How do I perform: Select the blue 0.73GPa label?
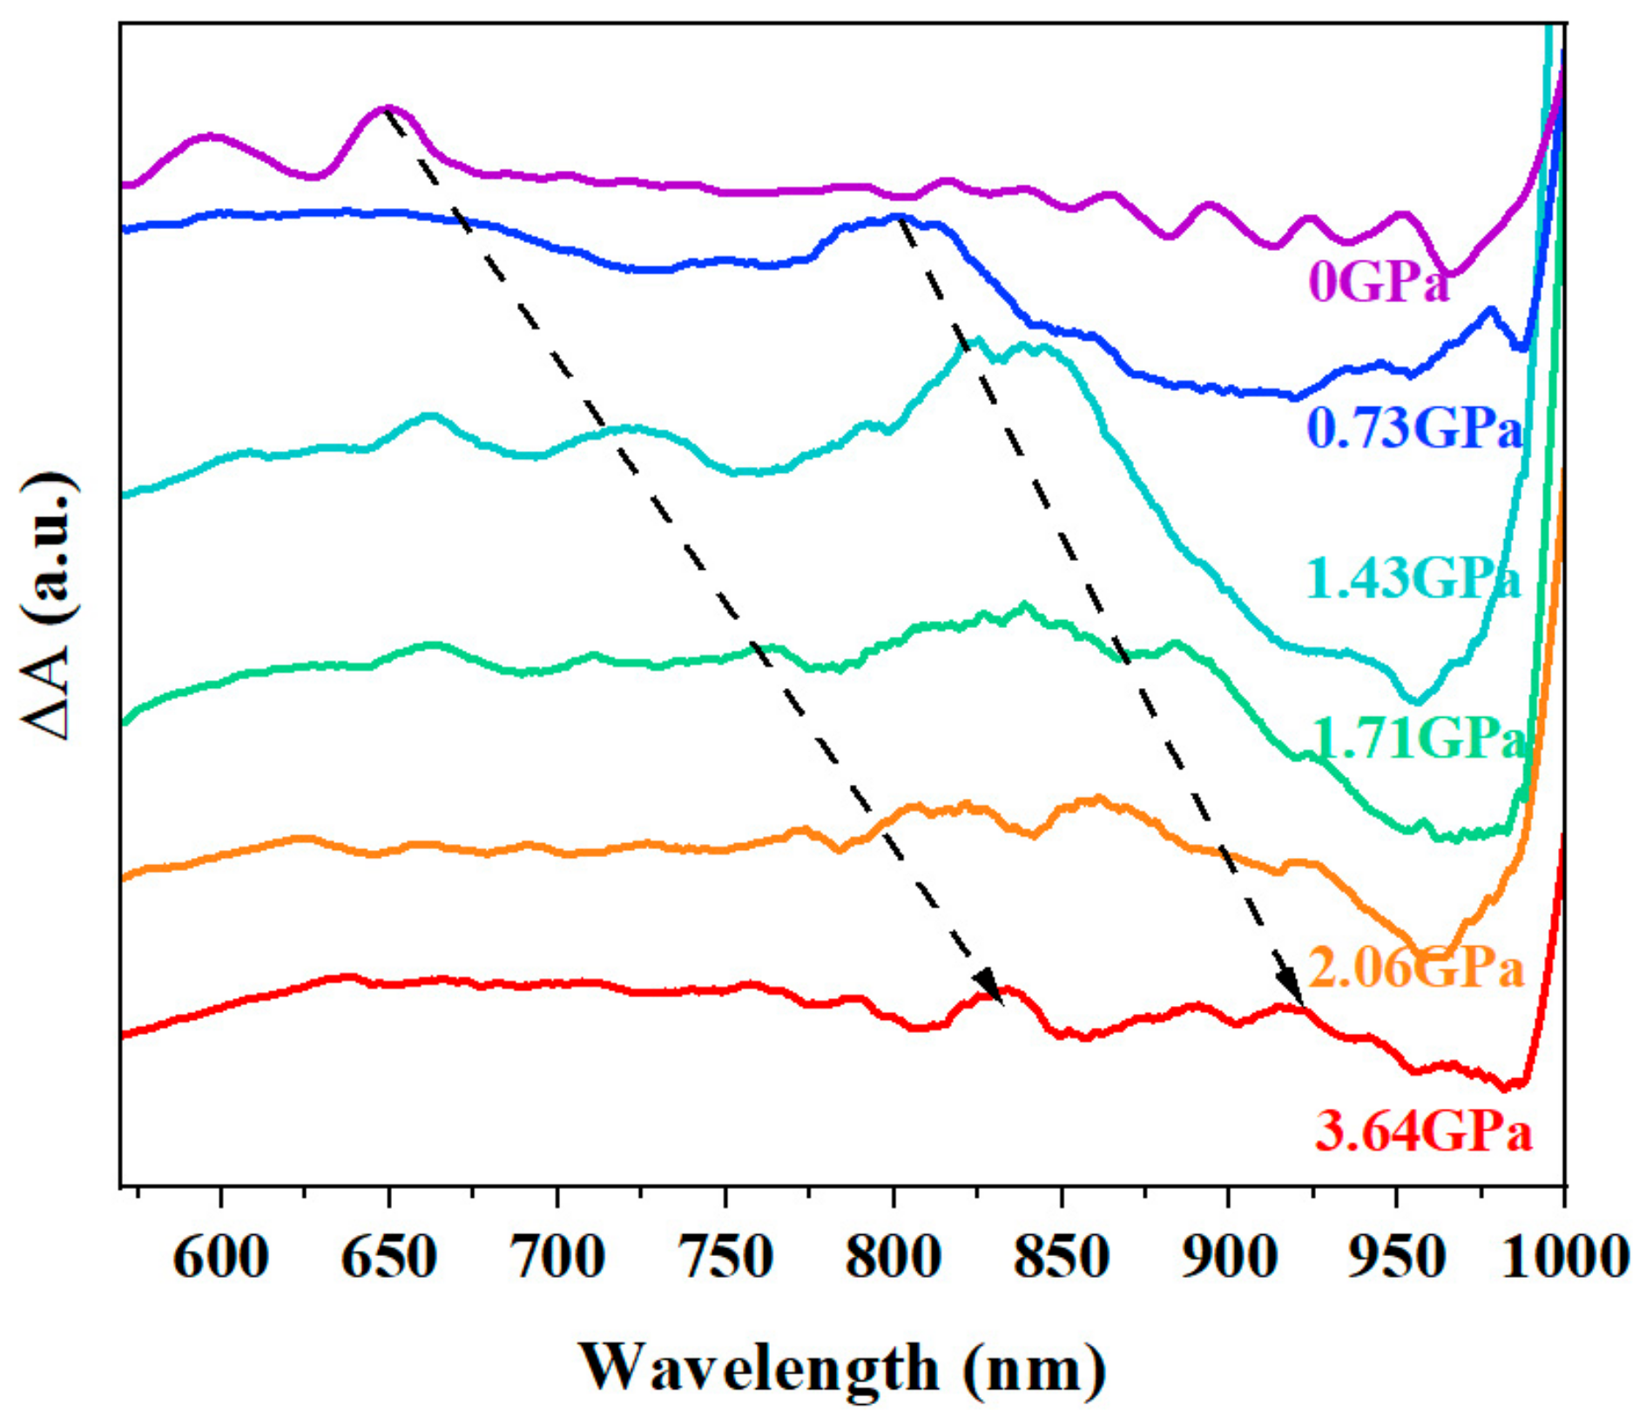[x=1414, y=429]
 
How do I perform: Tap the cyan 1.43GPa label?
[x=1413, y=578]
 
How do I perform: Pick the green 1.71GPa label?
[x=1420, y=739]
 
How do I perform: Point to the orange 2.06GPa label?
[x=1416, y=969]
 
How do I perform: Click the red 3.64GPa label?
[x=1422, y=1133]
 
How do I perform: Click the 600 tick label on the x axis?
[x=221, y=1258]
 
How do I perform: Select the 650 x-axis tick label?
[x=388, y=1258]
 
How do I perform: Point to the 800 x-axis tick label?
[x=894, y=1258]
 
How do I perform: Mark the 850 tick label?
[x=1062, y=1258]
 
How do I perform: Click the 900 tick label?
[x=1229, y=1258]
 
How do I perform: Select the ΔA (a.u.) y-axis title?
[x=48, y=606]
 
